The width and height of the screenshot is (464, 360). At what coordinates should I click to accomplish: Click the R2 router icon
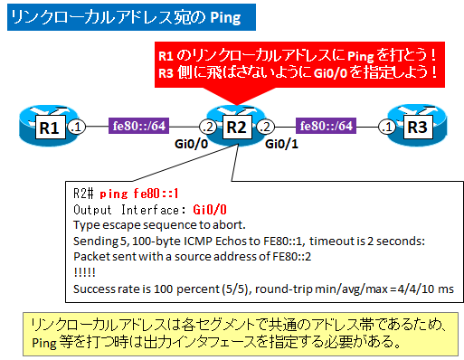point(233,127)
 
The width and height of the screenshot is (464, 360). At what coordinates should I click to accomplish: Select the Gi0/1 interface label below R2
point(282,144)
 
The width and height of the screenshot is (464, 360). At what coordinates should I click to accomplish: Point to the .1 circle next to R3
point(386,128)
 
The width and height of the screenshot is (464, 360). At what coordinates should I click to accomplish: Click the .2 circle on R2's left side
point(208,128)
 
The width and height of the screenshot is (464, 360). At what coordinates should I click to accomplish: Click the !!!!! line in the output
point(84,272)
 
